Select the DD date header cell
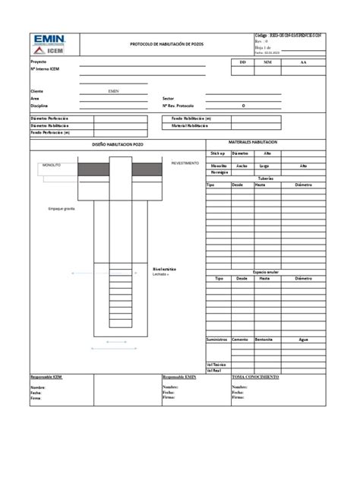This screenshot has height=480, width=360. pos(242,63)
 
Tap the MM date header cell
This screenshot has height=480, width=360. pos(267,63)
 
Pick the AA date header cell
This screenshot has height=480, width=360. pos(303,63)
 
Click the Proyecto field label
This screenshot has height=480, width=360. pos(38,61)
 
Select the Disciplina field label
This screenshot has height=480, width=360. pos(39,106)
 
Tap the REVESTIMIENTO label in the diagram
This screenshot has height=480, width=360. pos(185,163)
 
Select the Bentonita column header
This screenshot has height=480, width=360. pos(265,339)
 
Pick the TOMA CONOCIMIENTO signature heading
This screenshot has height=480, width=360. pos(255,377)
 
